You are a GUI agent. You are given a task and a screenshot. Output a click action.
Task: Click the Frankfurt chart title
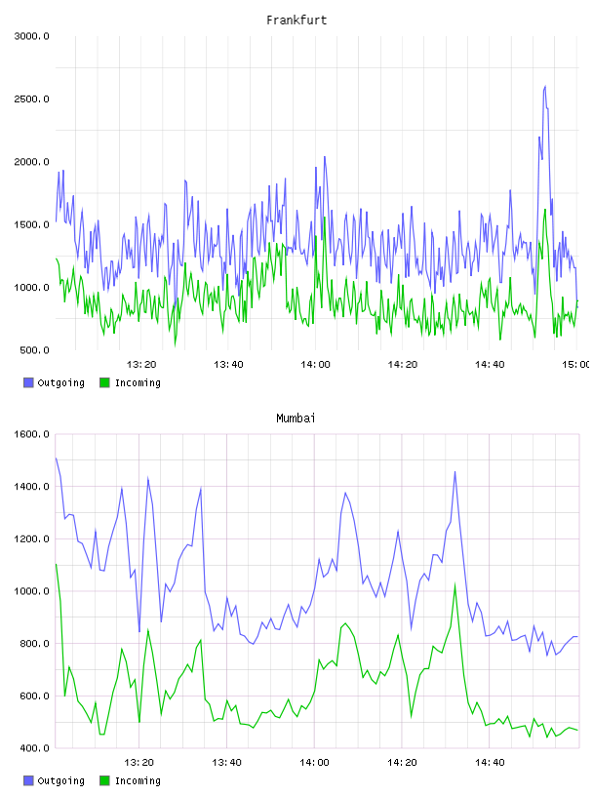pos(296,20)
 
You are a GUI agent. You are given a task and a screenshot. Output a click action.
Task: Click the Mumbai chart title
pos(296,418)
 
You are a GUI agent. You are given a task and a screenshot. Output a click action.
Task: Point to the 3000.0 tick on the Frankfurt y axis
pos(32,36)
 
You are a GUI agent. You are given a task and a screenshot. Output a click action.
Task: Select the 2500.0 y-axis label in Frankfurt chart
pos(32,99)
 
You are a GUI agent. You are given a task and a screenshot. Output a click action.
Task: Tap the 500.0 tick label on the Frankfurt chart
pos(34,350)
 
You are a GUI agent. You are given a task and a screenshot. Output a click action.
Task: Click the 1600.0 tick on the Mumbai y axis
pos(32,434)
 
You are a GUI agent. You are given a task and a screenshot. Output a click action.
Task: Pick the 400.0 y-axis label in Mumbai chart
pos(34,748)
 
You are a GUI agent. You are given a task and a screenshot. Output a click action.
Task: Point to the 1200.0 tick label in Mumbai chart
pos(32,538)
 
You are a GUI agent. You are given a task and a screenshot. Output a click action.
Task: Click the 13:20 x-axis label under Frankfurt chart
pos(141,364)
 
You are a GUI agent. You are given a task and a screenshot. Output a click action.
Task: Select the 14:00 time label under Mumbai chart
pos(314,762)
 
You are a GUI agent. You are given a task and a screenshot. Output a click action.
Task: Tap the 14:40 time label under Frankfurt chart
pos(490,364)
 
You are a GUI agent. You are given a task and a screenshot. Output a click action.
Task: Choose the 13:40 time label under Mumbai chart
pos(226,762)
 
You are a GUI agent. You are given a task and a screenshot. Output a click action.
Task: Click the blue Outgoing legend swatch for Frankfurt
pos(28,382)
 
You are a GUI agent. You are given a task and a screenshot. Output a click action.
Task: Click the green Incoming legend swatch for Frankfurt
pos(104,382)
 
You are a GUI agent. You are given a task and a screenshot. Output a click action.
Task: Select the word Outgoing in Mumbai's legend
pos(60,780)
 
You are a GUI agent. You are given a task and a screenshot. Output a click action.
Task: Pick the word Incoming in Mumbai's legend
pos(138,780)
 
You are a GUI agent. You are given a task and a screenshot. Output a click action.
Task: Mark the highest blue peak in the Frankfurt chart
pos(545,86)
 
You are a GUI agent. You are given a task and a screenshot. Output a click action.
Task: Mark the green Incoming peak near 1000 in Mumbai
pos(455,584)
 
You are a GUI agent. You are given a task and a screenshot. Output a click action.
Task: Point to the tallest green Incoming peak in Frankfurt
pos(545,209)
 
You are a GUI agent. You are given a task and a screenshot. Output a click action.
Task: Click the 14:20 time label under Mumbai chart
pos(402,762)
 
